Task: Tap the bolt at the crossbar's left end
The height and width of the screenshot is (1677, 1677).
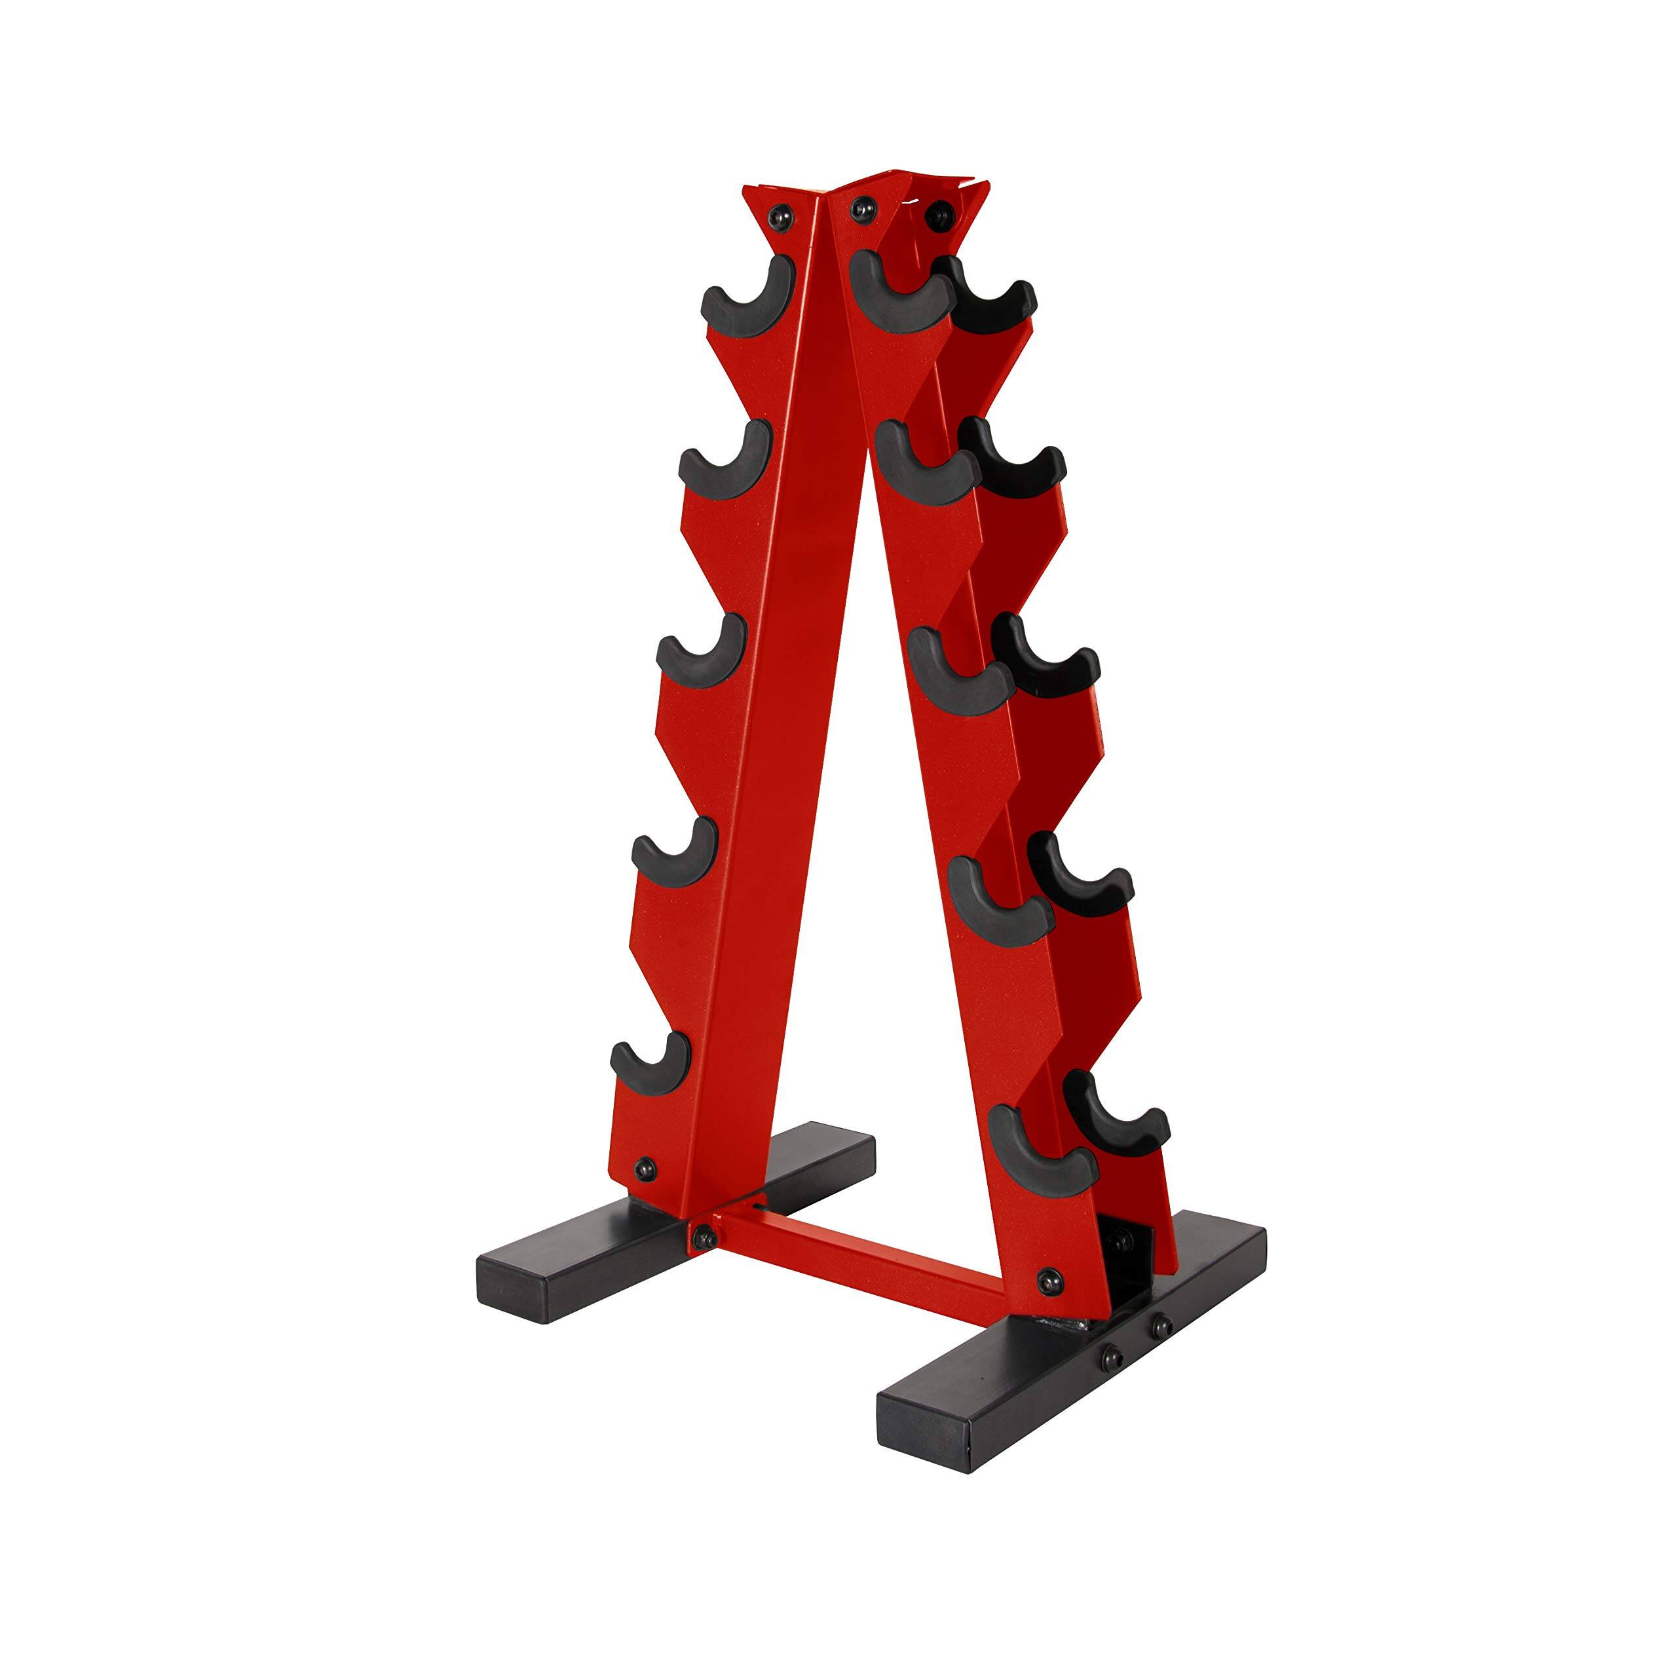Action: click(x=702, y=1236)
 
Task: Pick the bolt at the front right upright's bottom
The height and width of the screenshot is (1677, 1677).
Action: click(x=1050, y=1279)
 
